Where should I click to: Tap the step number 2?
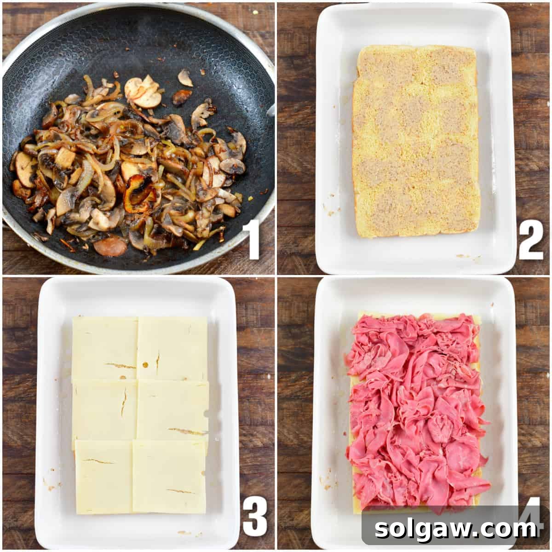pyautogui.click(x=530, y=239)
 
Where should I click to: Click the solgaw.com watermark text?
pyautogui.click(x=455, y=529)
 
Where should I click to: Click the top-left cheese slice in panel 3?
pyautogui.click(x=105, y=348)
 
